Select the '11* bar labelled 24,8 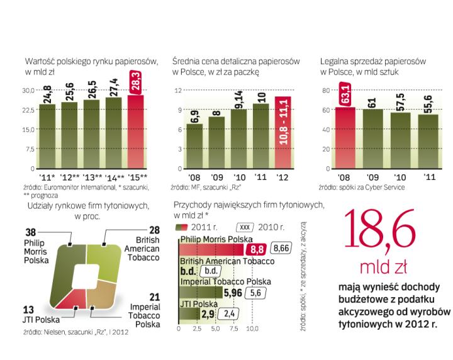point(48,135)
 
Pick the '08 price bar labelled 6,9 point(196,146)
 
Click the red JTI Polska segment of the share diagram point(74,295)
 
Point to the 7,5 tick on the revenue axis point(234,329)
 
